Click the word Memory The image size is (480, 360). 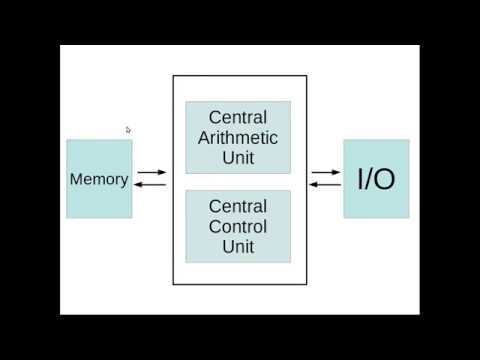[99, 180]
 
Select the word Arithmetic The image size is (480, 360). [238, 137]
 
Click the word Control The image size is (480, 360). [238, 226]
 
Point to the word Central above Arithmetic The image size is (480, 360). [238, 118]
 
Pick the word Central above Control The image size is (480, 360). [238, 206]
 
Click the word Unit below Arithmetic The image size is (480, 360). [238, 157]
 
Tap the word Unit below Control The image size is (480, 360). [238, 246]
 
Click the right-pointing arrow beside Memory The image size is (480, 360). [153, 173]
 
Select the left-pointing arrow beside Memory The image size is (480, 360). [151, 185]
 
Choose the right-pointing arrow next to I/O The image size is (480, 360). [326, 173]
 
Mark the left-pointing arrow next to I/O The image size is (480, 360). [325, 185]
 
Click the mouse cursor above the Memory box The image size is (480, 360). [128, 129]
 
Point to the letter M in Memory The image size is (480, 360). [76, 180]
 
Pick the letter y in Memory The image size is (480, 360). [124, 182]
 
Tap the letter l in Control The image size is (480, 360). [266, 226]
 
